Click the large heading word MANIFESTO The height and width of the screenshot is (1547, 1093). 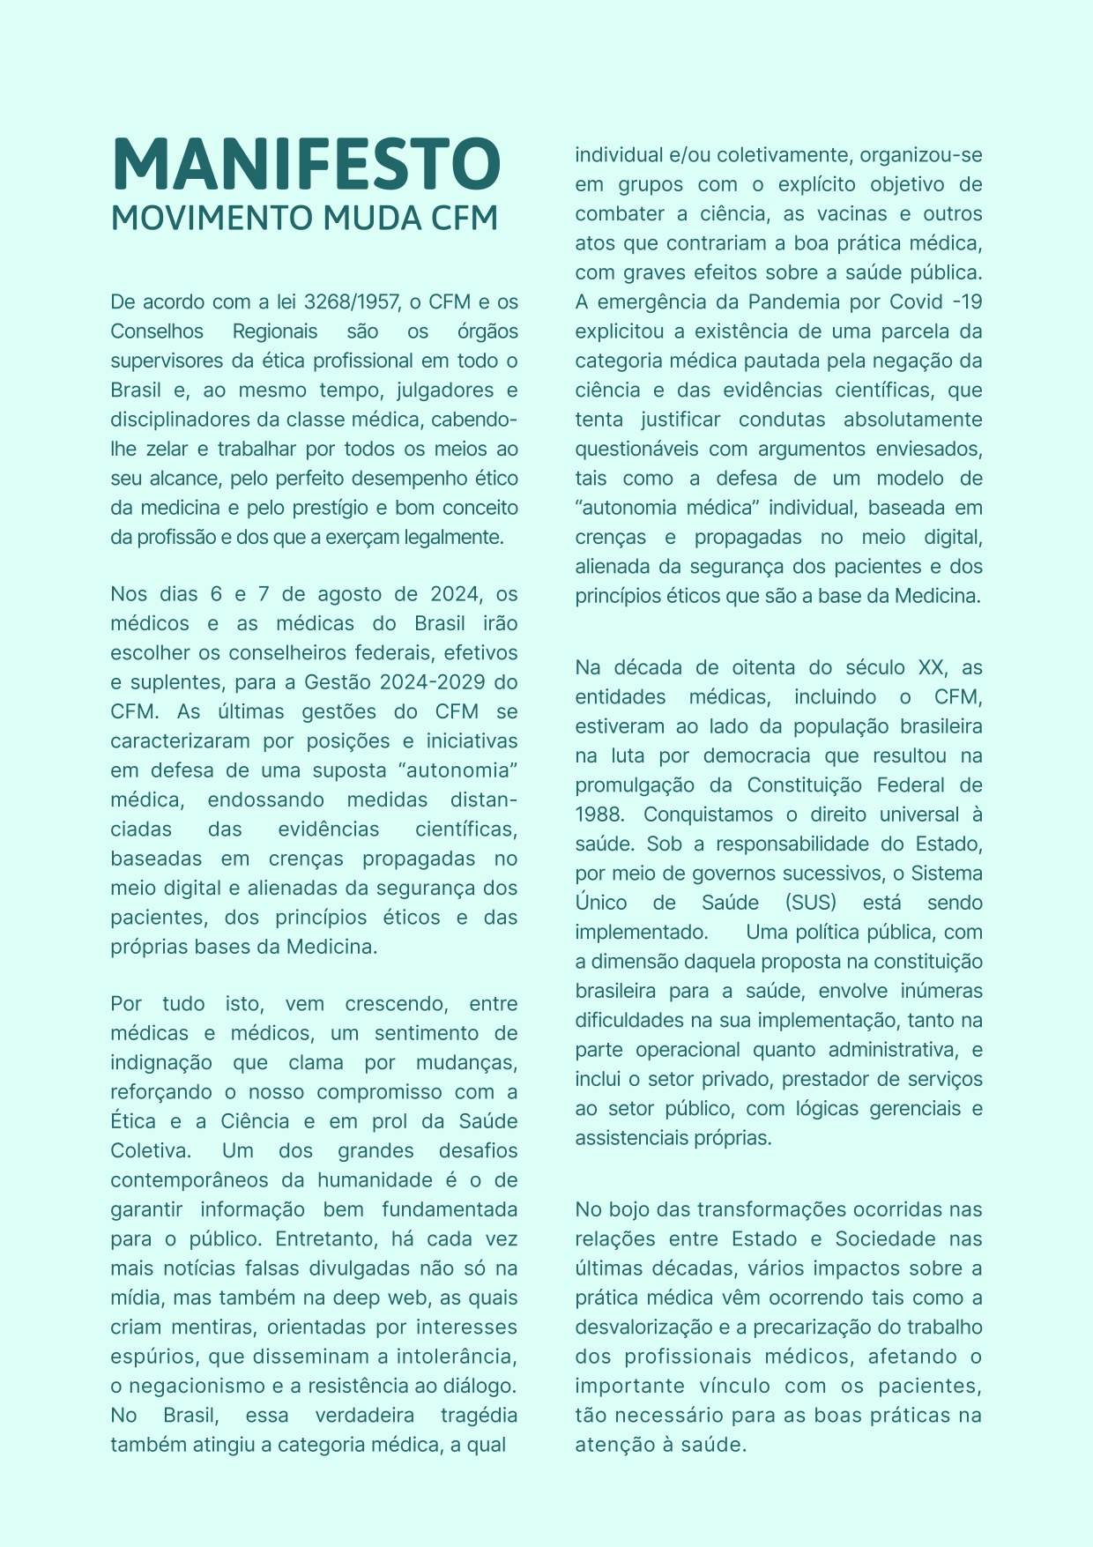pyautogui.click(x=306, y=165)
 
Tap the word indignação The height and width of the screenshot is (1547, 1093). pyautogui.click(x=161, y=1063)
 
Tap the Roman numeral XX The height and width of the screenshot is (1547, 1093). pyautogui.click(x=931, y=667)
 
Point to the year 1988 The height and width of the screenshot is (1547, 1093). pyautogui.click(x=599, y=814)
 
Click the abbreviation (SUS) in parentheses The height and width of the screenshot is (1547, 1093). pyautogui.click(x=811, y=903)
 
